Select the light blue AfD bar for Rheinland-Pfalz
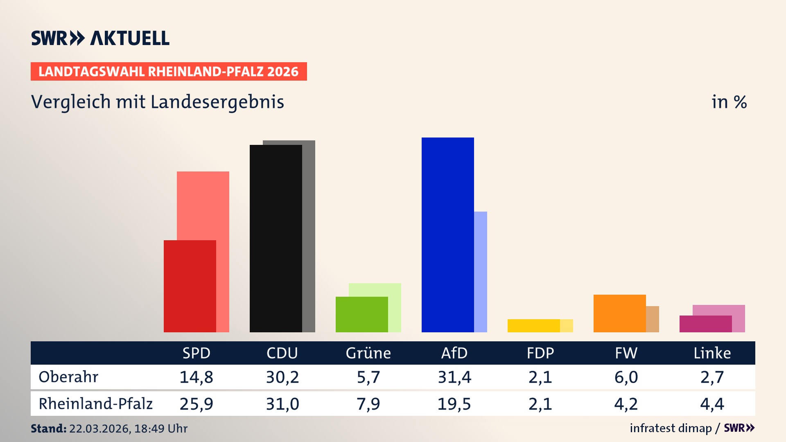pyautogui.click(x=481, y=272)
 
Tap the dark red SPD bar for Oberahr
pyautogui.click(x=190, y=286)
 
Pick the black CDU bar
pyautogui.click(x=276, y=238)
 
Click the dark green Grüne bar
pyautogui.click(x=361, y=314)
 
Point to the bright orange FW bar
pyautogui.click(x=619, y=313)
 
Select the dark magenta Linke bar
pyautogui.click(x=705, y=324)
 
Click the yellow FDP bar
pyautogui.click(x=533, y=325)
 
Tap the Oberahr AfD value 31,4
pyautogui.click(x=454, y=377)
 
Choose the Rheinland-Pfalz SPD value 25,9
pyautogui.click(x=196, y=404)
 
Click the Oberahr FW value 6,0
pyautogui.click(x=626, y=377)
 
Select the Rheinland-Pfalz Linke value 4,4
pyautogui.click(x=712, y=404)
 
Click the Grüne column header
pyautogui.click(x=368, y=353)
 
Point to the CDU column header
pyautogui.click(x=282, y=353)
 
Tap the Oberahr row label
pyautogui.click(x=68, y=377)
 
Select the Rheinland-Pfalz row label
pyautogui.click(x=95, y=404)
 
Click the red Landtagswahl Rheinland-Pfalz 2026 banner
pyautogui.click(x=169, y=71)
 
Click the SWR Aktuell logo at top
pyautogui.click(x=100, y=38)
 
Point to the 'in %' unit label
pyautogui.click(x=729, y=102)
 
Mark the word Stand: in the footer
pyautogui.click(x=48, y=428)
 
